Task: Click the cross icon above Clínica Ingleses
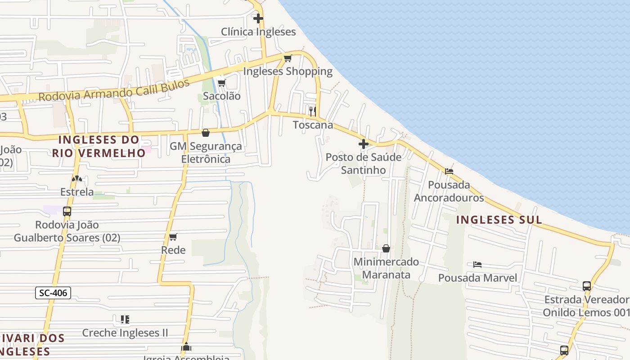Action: (x=258, y=18)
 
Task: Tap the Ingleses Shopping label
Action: (x=288, y=71)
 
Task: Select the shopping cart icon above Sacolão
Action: (x=221, y=83)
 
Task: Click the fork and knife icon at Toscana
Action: (x=313, y=111)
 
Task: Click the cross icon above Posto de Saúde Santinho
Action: (x=364, y=144)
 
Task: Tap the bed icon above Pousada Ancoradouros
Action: (x=449, y=171)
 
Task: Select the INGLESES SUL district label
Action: (x=499, y=220)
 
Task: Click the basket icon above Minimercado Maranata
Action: (x=386, y=248)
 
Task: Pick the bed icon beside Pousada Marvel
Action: (x=477, y=265)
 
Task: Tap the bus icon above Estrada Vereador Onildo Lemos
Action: (x=587, y=286)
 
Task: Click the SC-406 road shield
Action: (x=53, y=293)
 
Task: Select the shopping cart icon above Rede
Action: (x=173, y=237)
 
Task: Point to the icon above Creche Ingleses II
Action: (x=125, y=319)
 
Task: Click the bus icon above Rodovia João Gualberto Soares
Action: (x=67, y=211)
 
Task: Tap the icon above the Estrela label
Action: (x=77, y=179)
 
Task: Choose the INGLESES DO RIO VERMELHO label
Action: (x=99, y=146)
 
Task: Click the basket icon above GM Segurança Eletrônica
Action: (x=206, y=133)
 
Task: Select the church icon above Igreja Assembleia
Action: (x=186, y=347)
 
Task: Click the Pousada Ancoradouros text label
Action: (x=449, y=191)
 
